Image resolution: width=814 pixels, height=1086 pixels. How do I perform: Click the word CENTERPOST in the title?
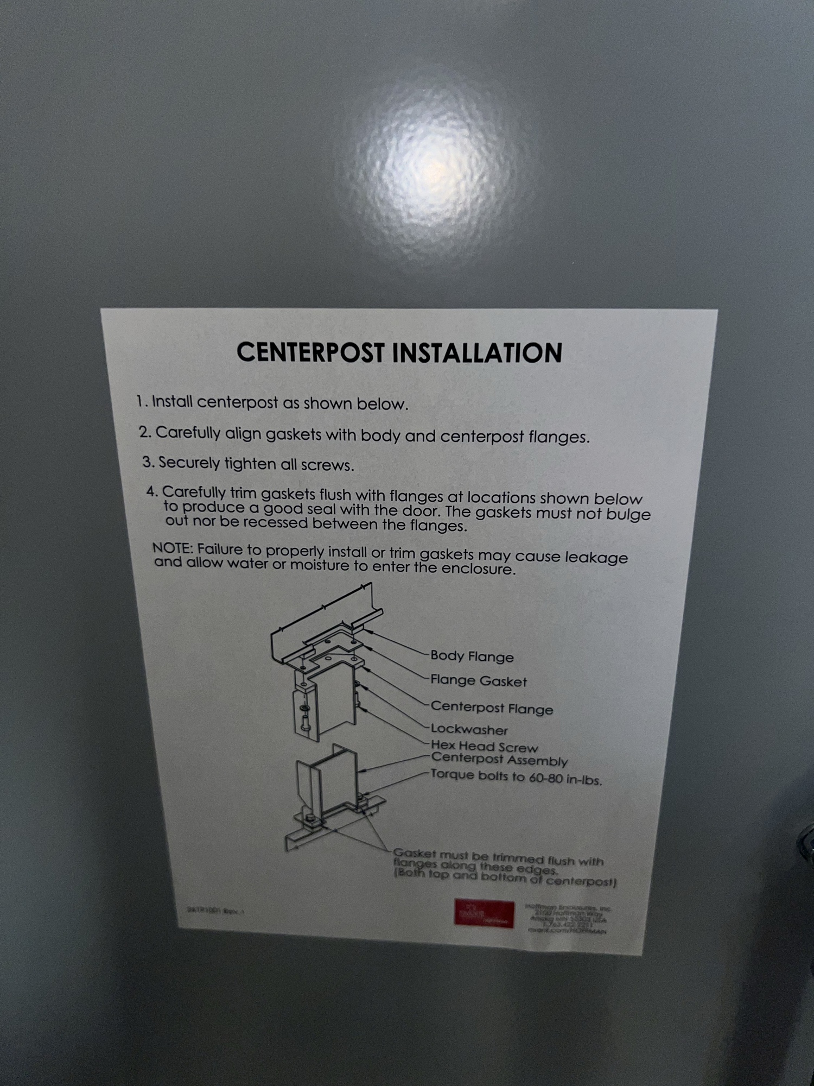(310, 352)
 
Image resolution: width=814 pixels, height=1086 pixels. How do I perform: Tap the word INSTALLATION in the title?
(477, 353)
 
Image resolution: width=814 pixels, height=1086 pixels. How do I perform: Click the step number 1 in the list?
(141, 401)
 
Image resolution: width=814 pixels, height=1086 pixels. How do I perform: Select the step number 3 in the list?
(147, 462)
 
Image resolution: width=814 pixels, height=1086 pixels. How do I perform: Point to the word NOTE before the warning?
(172, 548)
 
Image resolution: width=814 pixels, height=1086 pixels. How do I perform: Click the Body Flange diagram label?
(472, 656)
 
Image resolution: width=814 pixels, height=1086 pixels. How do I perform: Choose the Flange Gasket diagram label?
(478, 681)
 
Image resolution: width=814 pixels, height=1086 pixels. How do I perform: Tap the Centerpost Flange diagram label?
(492, 708)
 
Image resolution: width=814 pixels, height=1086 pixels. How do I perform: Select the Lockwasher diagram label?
(469, 730)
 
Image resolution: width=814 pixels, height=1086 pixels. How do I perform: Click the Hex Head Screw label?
(484, 747)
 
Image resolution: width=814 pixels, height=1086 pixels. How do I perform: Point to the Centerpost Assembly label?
(499, 760)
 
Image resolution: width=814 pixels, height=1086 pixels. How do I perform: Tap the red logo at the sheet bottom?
(484, 914)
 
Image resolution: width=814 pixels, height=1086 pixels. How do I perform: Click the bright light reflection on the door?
(434, 168)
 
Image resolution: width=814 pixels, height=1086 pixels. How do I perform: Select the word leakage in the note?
(596, 557)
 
